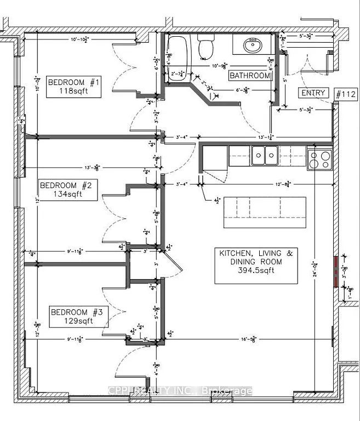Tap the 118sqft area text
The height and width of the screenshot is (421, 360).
click(x=74, y=92)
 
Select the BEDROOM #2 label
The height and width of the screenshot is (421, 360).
click(x=68, y=185)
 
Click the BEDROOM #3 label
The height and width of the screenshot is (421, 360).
click(x=77, y=312)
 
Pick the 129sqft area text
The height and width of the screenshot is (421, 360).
click(x=77, y=321)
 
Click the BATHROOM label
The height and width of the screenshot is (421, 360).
click(x=250, y=76)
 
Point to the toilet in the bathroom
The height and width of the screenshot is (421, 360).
click(x=206, y=47)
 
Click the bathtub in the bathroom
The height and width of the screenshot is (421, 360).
click(x=177, y=58)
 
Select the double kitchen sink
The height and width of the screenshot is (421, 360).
click(x=265, y=155)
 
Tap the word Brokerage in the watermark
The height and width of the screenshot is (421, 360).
click(x=227, y=391)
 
